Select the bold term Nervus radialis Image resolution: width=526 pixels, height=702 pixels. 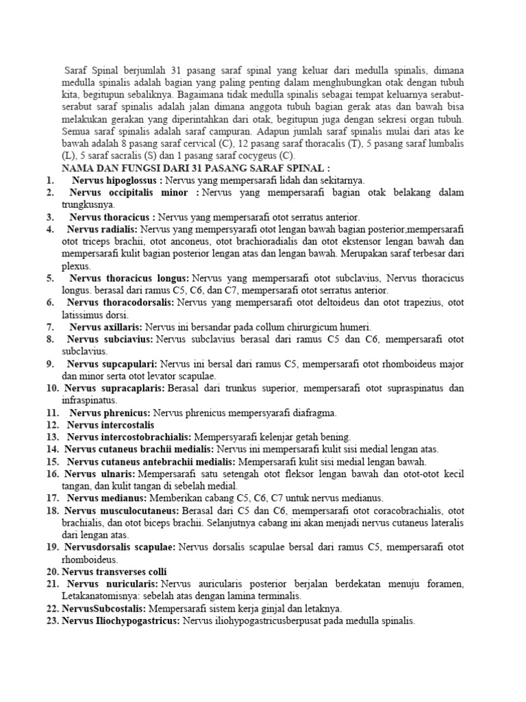coord(103,229)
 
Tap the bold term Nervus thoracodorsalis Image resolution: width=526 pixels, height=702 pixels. coord(121,302)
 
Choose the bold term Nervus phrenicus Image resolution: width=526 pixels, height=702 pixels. coord(110,413)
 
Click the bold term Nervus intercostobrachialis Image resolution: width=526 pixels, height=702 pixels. coord(129,437)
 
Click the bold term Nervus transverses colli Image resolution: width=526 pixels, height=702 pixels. coord(114,572)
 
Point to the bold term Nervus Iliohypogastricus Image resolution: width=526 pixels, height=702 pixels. coord(121,620)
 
